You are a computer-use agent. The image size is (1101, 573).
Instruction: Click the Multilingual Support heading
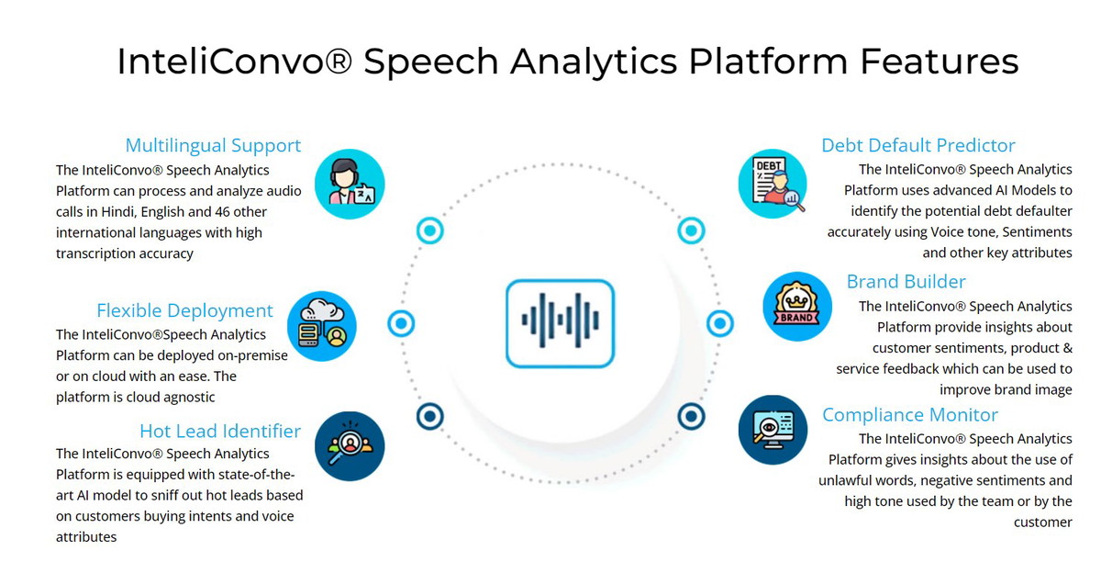pos(213,146)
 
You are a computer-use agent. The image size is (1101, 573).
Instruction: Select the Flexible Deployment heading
pos(184,311)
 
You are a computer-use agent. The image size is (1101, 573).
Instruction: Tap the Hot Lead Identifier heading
pos(220,431)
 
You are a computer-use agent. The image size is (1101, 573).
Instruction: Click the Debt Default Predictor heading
pos(918,146)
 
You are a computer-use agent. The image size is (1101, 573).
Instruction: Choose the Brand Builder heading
pos(906,281)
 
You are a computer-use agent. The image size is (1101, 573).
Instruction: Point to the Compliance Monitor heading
pos(910,415)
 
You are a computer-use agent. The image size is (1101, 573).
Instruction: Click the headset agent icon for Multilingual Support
pos(350,184)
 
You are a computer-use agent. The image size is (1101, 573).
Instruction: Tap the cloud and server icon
pos(322,326)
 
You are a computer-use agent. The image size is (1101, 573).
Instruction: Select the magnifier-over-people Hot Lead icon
pos(350,446)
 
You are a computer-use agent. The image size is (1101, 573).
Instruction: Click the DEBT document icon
pos(773,184)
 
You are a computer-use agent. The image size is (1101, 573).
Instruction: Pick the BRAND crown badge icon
pos(797,307)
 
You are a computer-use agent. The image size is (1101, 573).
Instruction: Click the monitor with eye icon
pos(773,430)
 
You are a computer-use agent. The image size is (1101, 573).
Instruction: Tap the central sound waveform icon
pos(560,323)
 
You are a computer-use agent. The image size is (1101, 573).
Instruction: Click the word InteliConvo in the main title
pos(235,61)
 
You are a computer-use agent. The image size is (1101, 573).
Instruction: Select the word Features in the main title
pos(939,61)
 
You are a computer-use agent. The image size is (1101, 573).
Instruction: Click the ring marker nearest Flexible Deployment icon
pos(401,323)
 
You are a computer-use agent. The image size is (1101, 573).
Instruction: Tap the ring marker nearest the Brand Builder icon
pos(720,323)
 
